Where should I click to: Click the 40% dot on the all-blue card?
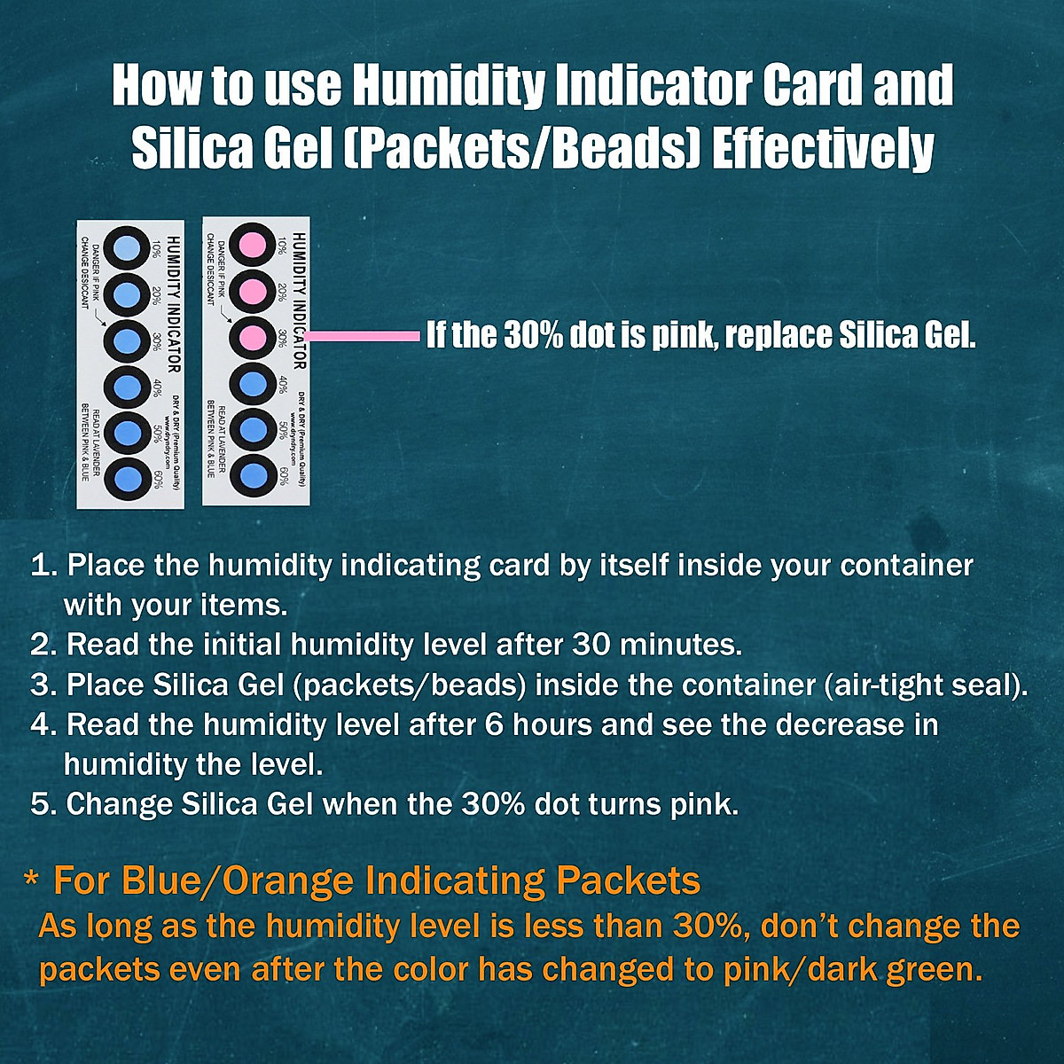pos(128,385)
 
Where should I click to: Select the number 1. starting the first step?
pos(44,566)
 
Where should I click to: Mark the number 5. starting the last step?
pos(44,804)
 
